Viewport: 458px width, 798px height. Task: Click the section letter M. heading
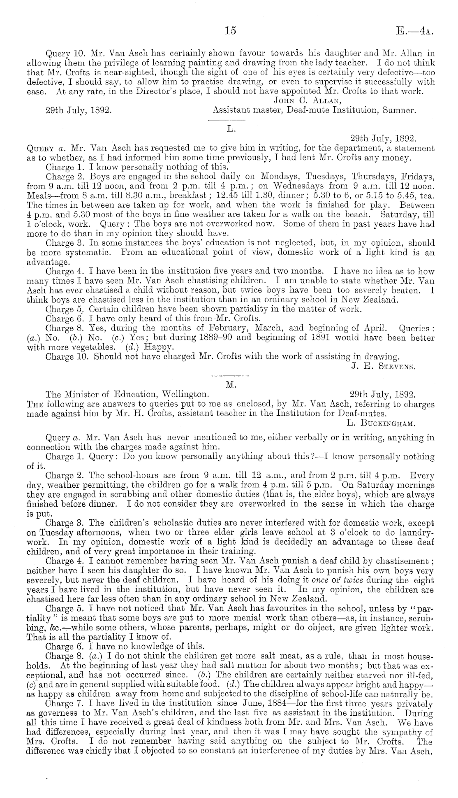pos(230,384)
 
